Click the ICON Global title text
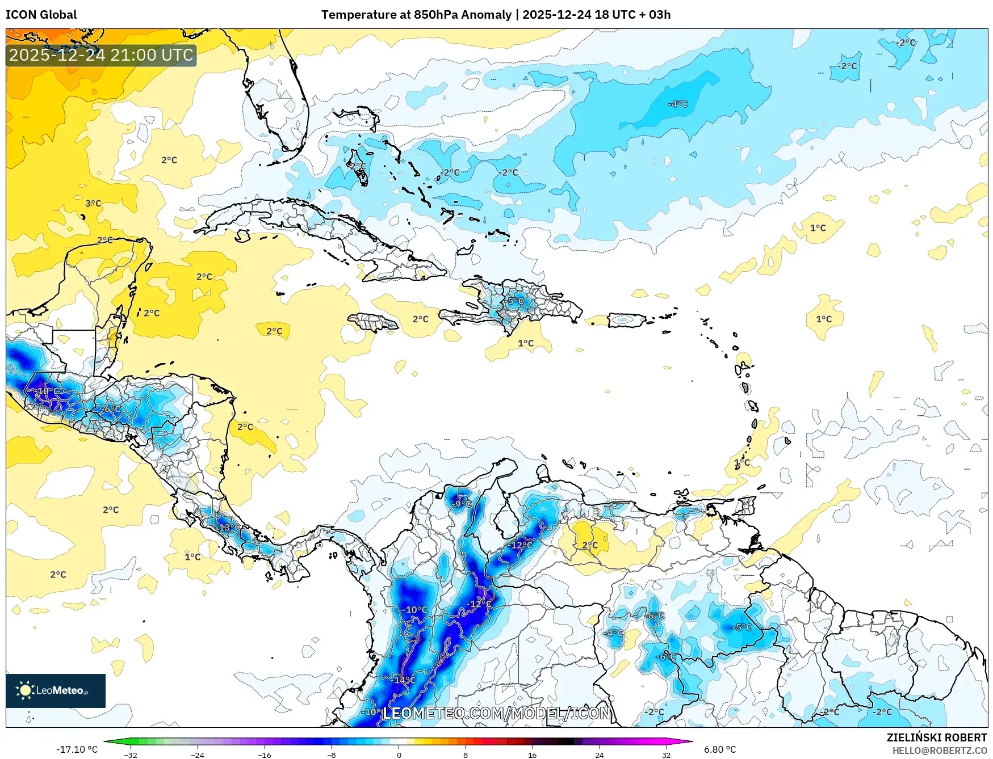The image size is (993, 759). [x=41, y=15]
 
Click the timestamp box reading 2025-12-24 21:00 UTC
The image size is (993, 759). [x=101, y=55]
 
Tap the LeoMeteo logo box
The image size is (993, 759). [x=56, y=690]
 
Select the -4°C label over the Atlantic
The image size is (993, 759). [x=677, y=104]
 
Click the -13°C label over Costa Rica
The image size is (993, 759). [x=229, y=527]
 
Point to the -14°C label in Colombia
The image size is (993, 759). [x=404, y=680]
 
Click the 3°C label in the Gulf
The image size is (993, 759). [x=93, y=203]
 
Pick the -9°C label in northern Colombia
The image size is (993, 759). [x=463, y=503]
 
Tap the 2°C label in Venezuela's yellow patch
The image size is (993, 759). [x=590, y=545]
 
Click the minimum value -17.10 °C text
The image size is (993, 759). [x=77, y=749]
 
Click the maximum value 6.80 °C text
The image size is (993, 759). [x=720, y=749]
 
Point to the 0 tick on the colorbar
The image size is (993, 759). [x=399, y=754]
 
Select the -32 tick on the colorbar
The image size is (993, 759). [x=131, y=754]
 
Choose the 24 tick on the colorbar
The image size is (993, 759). [x=599, y=754]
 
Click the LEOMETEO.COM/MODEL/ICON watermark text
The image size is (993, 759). [x=497, y=713]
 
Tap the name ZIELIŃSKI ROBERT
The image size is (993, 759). [x=937, y=737]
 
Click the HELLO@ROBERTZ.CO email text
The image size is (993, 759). [x=939, y=750]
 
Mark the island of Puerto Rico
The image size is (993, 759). [x=627, y=321]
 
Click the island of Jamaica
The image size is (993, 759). [x=373, y=323]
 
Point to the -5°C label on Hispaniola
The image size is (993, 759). [x=516, y=301]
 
